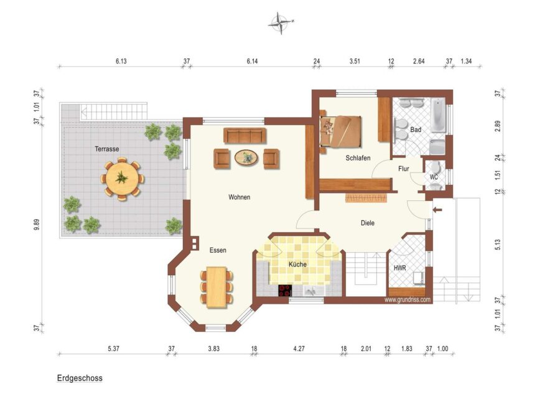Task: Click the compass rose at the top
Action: pos(281,23)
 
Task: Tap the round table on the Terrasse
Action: pos(122,178)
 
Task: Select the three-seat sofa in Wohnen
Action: pos(245,136)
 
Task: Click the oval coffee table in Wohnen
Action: pos(246,157)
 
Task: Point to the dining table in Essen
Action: pos(217,287)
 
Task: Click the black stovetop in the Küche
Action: pos(285,291)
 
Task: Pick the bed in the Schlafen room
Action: pos(340,131)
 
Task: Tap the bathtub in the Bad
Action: pos(438,115)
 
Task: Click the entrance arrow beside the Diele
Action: pos(437,210)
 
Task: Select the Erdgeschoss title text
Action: pos(80,378)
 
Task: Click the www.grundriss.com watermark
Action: pos(408,299)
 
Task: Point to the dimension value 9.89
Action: pos(37,224)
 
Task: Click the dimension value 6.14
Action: pos(252,61)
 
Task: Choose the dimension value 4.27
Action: pos(299,349)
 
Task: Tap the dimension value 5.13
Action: pos(498,245)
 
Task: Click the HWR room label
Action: pos(399,268)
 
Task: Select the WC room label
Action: pos(434,177)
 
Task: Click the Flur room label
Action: pos(404,169)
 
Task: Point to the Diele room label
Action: pos(368,223)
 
